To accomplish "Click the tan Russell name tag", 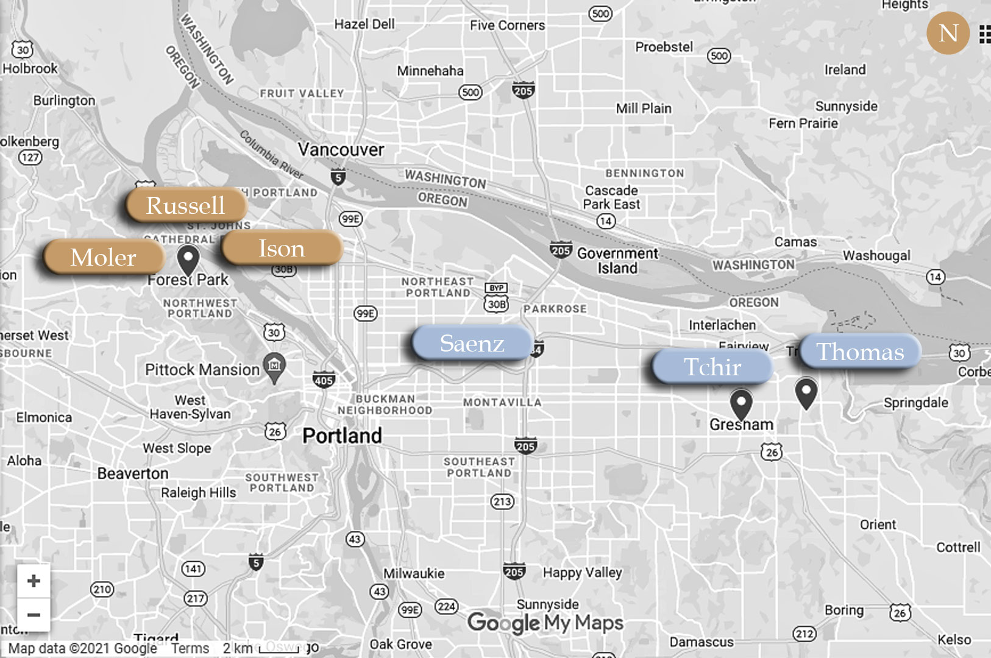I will (x=186, y=205).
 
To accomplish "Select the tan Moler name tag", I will (x=104, y=257).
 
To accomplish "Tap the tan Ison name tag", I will (x=282, y=249).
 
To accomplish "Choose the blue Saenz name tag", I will (x=472, y=343).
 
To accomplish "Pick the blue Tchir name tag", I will (x=712, y=367).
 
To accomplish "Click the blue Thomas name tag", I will (x=859, y=352).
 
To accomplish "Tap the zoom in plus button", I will (x=34, y=581).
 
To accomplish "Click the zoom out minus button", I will (x=34, y=614).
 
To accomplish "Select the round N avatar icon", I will (x=948, y=33).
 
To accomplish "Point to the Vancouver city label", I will (x=341, y=149).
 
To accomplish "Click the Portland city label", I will (x=342, y=436).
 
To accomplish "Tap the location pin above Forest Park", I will (x=188, y=260).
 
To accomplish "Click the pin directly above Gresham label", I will (x=741, y=403).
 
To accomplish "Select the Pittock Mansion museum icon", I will (x=274, y=366).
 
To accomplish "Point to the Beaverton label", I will (x=133, y=473).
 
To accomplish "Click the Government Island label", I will (x=617, y=261).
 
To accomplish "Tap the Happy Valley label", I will (x=582, y=573).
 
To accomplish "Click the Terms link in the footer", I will (x=190, y=648).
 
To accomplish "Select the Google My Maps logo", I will (x=545, y=623).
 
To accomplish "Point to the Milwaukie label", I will (x=414, y=573).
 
